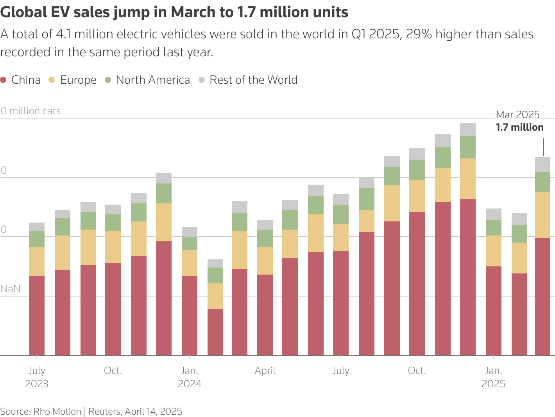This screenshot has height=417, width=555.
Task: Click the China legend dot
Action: tap(4, 80)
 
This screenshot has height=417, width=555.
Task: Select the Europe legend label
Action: tap(78, 80)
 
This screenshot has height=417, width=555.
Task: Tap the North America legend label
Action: tap(153, 80)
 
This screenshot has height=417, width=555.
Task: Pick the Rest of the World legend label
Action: tap(253, 80)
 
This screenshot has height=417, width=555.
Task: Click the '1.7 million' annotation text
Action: tap(519, 128)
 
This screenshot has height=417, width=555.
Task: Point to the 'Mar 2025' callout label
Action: tap(517, 115)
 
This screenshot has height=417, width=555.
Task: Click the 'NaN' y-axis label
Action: tap(11, 289)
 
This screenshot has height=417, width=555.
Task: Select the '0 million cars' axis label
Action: tap(30, 111)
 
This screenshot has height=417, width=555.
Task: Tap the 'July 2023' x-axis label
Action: tap(37, 377)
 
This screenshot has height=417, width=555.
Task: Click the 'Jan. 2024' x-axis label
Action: tap(190, 377)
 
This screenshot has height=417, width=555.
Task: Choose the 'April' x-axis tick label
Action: tap(265, 371)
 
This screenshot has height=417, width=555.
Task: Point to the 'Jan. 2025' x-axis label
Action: tap(493, 377)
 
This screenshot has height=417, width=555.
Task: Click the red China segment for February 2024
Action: tap(215, 332)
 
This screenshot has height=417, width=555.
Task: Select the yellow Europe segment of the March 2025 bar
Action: tap(542, 214)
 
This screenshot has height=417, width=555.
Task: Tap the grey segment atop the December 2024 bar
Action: tap(468, 129)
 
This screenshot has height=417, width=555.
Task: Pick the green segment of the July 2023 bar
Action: tap(37, 239)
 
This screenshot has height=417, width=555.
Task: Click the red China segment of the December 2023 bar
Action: tap(164, 297)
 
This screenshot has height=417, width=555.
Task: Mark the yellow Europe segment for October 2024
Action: tap(417, 196)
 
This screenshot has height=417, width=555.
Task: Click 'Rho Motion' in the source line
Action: tap(57, 412)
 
